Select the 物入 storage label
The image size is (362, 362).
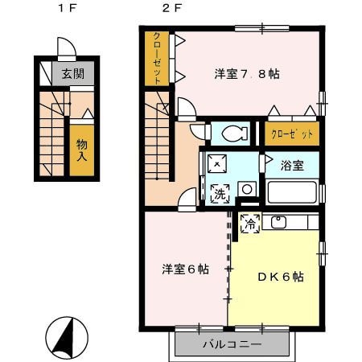click(x=81, y=150)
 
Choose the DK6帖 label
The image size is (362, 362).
click(x=280, y=276)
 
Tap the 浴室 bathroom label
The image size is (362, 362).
click(x=292, y=166)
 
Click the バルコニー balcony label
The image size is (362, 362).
click(x=229, y=345)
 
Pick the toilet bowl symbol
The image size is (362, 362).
click(x=234, y=132)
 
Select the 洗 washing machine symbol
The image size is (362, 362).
click(x=218, y=193)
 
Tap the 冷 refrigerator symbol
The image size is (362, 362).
click(x=251, y=224)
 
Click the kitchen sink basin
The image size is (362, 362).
click(x=279, y=222)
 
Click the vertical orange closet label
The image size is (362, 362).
click(x=158, y=59)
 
